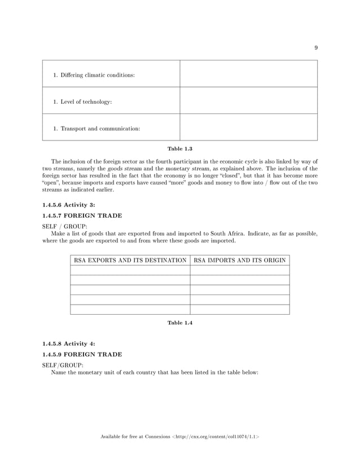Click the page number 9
[x=316, y=48]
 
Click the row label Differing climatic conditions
[x=94, y=75]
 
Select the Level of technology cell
[x=82, y=102]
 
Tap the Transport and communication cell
[x=96, y=129]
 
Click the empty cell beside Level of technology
[x=248, y=100]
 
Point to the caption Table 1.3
[x=180, y=148]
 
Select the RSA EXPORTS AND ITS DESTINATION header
[x=130, y=260]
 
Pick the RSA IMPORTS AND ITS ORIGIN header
[x=240, y=260]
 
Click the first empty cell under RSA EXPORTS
[x=130, y=270]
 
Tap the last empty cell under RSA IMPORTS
[x=240, y=309]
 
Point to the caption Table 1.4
[x=180, y=323]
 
